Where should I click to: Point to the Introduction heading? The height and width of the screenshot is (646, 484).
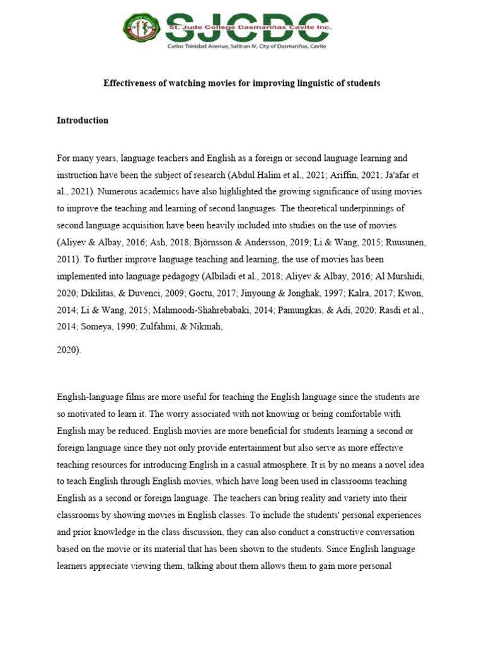83,120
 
